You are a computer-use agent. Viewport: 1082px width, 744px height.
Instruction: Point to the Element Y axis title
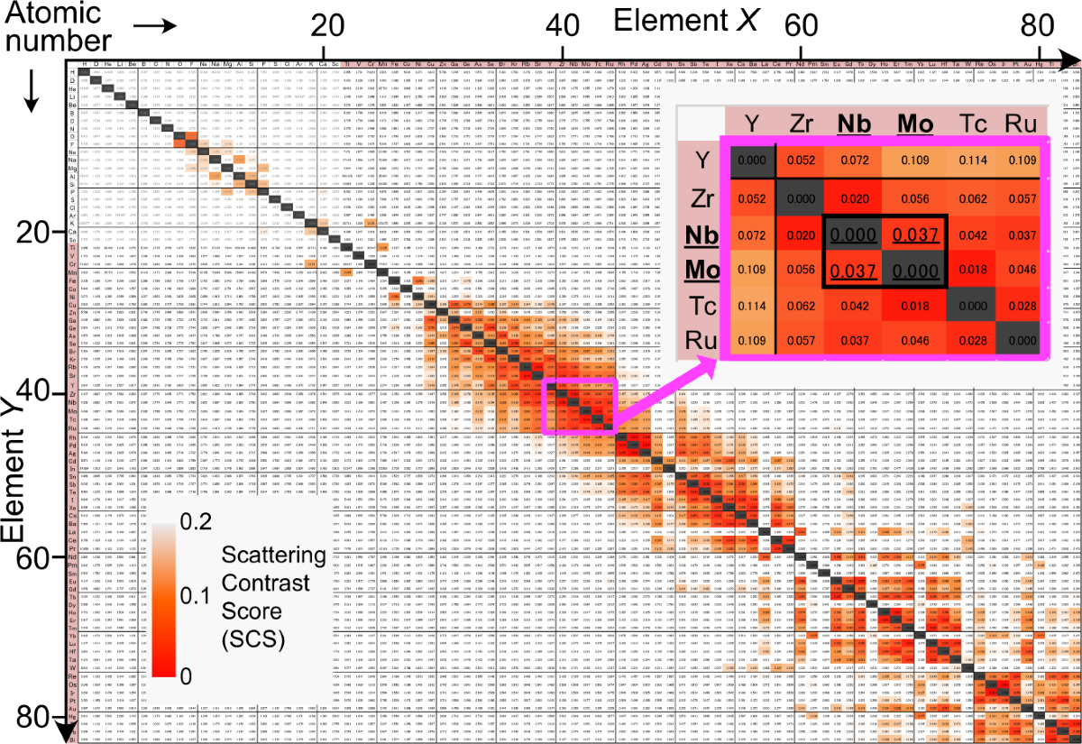(14, 469)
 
